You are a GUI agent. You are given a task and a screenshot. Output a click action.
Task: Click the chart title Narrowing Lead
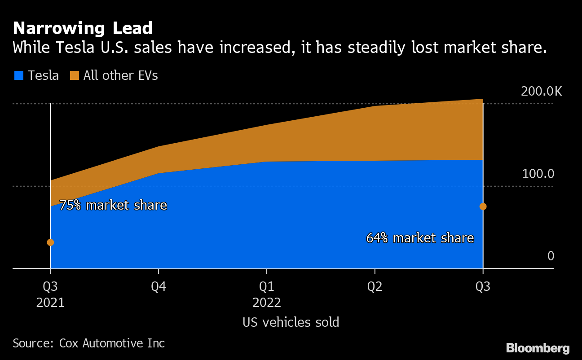point(83,29)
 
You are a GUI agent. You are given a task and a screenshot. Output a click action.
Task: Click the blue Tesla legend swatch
point(18,76)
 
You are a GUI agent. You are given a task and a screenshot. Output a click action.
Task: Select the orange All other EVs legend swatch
point(74,76)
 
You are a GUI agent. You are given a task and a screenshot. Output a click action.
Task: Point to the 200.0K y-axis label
point(541,92)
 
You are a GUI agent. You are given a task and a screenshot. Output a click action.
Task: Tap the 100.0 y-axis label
point(538,174)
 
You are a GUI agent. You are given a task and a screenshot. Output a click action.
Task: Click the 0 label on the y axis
point(551,256)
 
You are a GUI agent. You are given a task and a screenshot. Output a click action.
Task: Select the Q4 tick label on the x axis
point(159,287)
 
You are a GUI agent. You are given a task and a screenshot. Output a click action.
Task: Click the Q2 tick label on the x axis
point(375,287)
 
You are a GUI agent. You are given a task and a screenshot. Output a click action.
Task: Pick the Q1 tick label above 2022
point(267,287)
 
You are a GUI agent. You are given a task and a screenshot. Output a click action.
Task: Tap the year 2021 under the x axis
point(50,303)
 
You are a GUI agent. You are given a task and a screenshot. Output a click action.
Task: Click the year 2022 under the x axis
point(267,303)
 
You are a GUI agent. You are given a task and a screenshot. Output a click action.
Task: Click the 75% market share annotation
point(113,206)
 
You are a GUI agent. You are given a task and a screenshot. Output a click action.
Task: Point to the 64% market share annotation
point(420,238)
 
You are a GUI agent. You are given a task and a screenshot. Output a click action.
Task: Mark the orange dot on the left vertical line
point(50,242)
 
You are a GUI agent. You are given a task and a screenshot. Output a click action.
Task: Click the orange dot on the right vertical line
point(483,206)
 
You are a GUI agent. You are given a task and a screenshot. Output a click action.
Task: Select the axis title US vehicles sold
point(291,322)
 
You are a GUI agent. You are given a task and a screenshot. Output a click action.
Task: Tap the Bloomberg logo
point(538,348)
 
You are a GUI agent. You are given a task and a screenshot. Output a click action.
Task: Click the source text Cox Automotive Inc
point(112,343)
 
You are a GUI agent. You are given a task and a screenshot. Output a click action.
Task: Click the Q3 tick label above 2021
point(50,287)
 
